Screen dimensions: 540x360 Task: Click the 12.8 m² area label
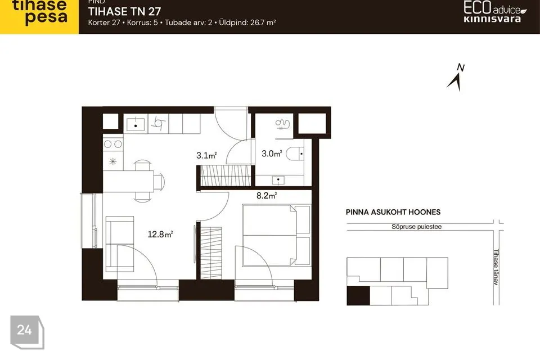point(160,234)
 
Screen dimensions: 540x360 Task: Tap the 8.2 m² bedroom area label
point(267,196)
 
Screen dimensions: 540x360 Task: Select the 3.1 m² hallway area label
point(206,155)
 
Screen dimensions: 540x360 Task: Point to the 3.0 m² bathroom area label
point(272,154)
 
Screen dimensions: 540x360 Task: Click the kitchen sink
point(136,124)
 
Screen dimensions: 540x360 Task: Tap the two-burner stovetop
point(113,144)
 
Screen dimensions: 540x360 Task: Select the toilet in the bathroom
point(295,154)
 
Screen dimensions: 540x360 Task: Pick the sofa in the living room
point(119,244)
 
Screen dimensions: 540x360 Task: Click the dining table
point(128,181)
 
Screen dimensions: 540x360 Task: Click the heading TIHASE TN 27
point(125,11)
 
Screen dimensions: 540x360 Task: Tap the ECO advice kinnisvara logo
point(494,12)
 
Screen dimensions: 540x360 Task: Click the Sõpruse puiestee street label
point(416,227)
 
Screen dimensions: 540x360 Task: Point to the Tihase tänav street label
point(496,267)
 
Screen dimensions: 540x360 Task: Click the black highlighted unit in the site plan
point(358,295)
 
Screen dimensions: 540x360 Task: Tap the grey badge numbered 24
point(27,332)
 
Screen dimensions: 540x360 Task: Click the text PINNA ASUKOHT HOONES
point(393,212)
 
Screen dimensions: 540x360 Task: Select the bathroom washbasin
point(278,180)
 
